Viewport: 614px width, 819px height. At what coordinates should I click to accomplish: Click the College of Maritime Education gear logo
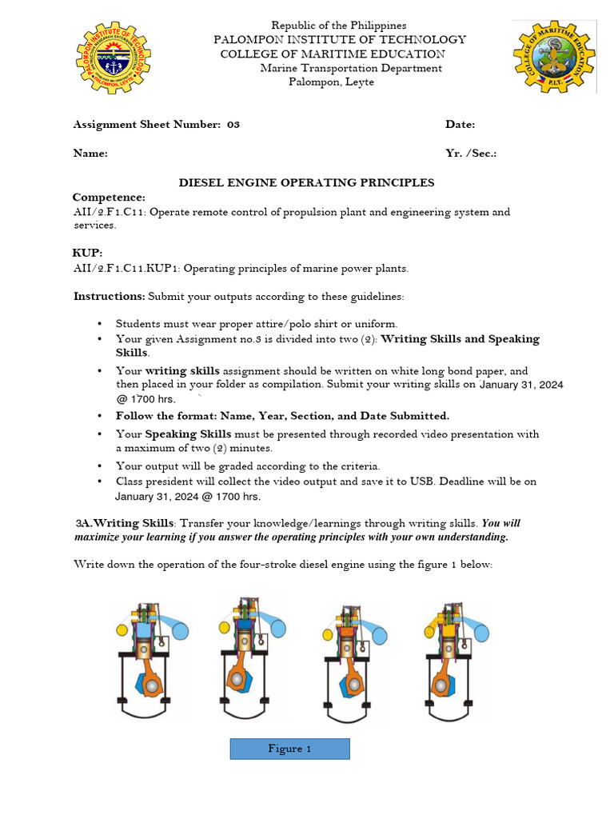(553, 58)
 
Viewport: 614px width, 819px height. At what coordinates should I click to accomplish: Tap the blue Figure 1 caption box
(289, 749)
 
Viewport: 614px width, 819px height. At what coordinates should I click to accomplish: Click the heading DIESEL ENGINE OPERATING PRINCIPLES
(305, 183)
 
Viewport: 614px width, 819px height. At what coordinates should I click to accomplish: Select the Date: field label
(460, 125)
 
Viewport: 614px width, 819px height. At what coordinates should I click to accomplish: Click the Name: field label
(90, 153)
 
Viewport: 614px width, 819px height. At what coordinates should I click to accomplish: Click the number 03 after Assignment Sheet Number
(233, 125)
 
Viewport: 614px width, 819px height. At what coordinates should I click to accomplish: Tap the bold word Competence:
(109, 198)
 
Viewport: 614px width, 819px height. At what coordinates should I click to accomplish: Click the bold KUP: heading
(88, 254)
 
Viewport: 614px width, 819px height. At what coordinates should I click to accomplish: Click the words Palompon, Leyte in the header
(331, 82)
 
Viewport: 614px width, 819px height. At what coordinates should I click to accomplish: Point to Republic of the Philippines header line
(338, 26)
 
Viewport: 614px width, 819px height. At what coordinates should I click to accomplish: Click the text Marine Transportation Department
(351, 68)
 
